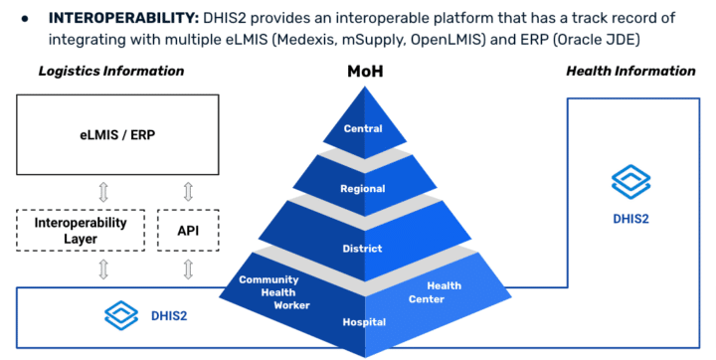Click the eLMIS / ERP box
coord(117,136)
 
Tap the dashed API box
coord(188,230)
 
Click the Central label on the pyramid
coord(363,129)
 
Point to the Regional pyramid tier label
coord(363,189)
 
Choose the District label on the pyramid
coord(363,249)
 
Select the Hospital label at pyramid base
coord(363,322)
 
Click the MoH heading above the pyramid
coord(363,74)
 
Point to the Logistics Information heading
coord(111,71)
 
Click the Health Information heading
coord(630,71)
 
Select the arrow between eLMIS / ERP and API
coord(188,191)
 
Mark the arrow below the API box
coord(188,269)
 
